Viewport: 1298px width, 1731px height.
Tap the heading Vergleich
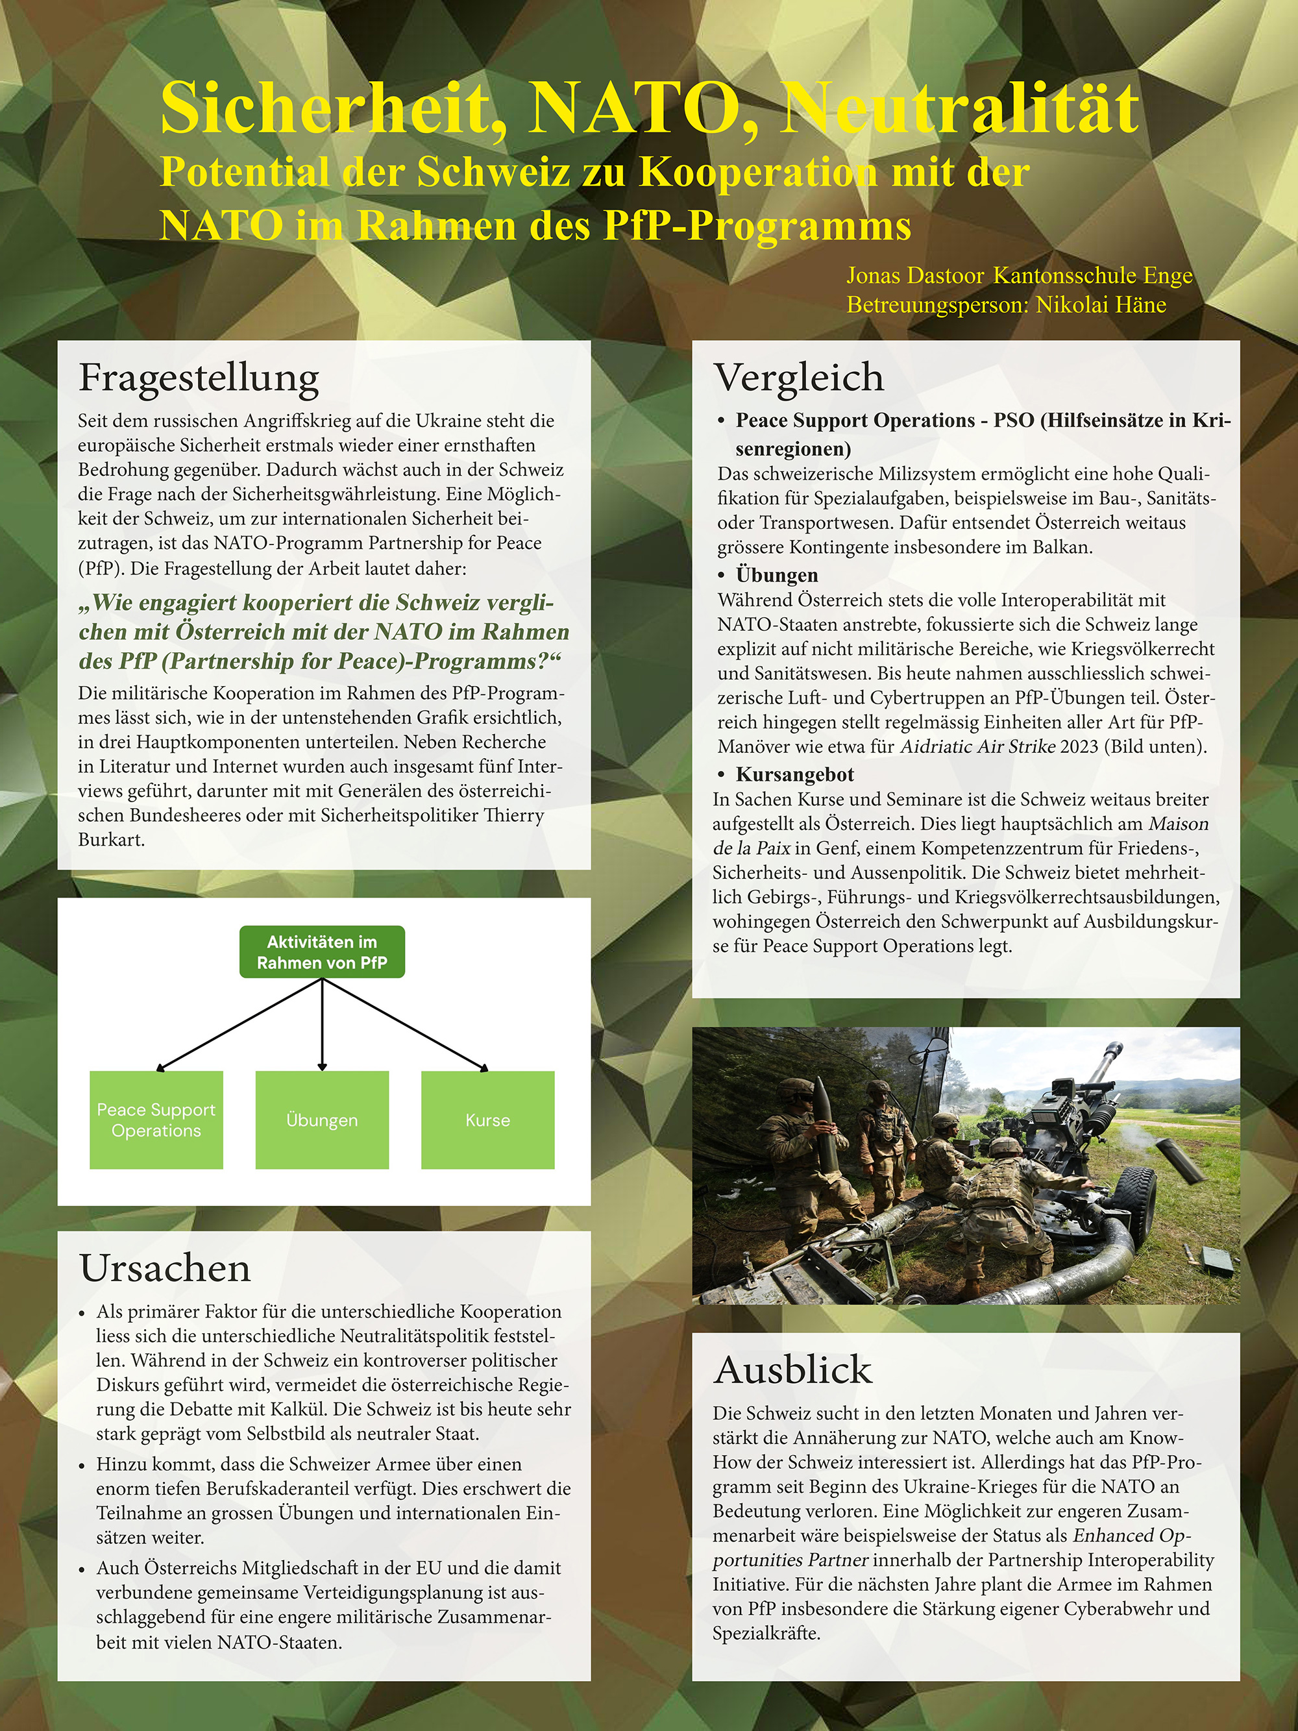click(799, 378)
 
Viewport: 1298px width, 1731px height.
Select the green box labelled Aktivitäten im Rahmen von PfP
click(323, 952)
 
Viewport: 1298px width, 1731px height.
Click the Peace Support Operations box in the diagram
click(156, 1120)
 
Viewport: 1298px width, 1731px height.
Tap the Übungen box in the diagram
click(323, 1120)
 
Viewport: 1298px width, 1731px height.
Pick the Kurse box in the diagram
click(487, 1120)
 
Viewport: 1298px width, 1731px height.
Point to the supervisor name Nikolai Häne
click(1101, 304)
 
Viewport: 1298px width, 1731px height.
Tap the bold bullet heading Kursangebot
click(795, 775)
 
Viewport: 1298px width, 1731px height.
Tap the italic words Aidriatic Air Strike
click(977, 746)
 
